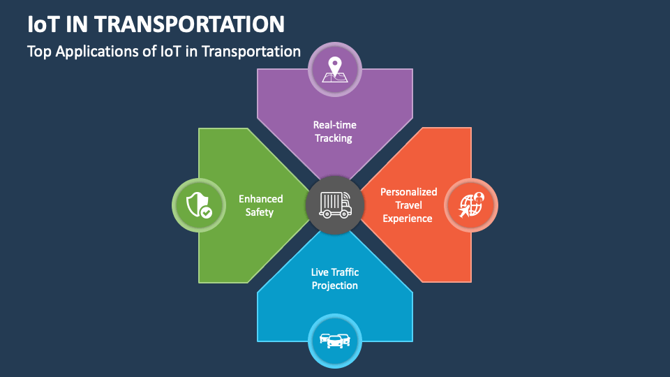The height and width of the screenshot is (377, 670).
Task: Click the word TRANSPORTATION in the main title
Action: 189,24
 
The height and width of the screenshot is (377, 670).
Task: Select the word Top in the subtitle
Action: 38,51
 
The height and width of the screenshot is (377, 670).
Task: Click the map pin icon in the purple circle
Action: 335,68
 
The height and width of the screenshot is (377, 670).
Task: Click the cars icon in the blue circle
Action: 335,341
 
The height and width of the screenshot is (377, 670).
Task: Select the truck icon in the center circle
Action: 335,205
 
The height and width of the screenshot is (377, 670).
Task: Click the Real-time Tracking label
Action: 335,131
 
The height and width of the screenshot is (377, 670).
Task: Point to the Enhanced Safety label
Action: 260,205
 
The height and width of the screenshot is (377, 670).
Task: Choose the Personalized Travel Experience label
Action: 408,205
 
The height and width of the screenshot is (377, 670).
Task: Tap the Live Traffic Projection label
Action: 335,279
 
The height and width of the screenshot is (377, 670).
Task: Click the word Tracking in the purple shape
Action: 334,138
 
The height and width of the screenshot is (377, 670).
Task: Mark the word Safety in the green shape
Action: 260,212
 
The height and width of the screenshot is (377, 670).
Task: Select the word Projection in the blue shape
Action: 335,286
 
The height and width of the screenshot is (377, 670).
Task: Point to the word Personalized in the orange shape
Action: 408,192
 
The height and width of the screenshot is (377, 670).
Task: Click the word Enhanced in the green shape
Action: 260,198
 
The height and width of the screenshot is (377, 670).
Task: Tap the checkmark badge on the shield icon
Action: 206,212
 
